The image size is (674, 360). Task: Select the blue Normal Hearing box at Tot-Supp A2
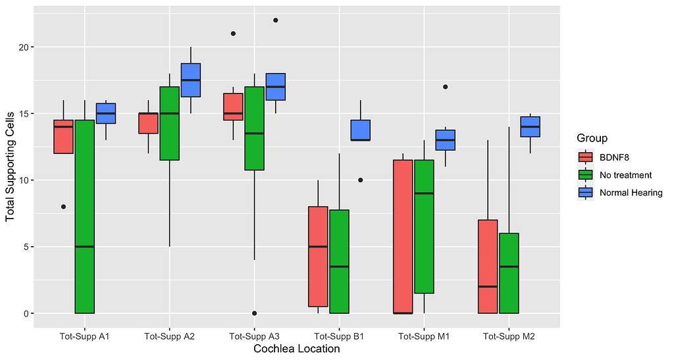(x=191, y=80)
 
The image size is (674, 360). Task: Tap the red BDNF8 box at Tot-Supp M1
(x=403, y=236)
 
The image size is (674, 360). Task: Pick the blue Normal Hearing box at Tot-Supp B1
(x=361, y=130)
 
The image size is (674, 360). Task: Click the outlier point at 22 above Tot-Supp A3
(x=276, y=20)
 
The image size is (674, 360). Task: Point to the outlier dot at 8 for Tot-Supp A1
(x=63, y=207)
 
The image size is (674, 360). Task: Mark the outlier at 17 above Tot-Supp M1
(x=446, y=87)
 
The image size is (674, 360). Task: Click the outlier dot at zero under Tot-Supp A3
(x=254, y=313)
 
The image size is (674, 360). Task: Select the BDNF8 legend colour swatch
(x=584, y=157)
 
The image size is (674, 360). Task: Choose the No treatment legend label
(x=625, y=175)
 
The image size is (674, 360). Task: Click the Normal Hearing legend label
(x=631, y=192)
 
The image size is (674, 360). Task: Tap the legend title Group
(x=592, y=138)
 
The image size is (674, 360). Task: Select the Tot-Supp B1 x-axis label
(x=339, y=337)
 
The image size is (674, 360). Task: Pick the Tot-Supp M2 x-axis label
(x=509, y=337)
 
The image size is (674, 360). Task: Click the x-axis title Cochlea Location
(x=296, y=349)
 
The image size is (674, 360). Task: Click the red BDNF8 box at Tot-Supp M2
(x=488, y=267)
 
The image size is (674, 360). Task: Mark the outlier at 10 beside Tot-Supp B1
(x=361, y=180)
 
